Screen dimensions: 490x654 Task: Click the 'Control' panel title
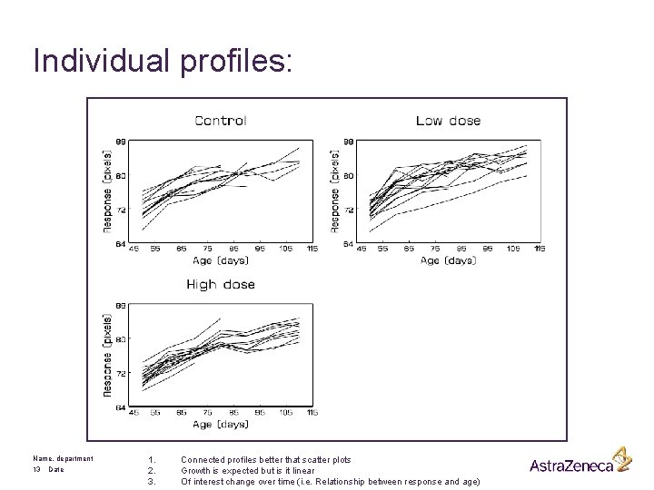point(221,120)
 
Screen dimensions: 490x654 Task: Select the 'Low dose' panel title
point(448,120)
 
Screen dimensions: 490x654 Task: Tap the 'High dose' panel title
point(221,284)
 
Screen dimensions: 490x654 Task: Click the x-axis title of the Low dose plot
point(447,260)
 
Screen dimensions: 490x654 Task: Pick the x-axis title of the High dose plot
point(219,424)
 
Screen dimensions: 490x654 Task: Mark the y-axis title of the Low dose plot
point(336,192)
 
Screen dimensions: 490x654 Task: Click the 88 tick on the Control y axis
point(121,142)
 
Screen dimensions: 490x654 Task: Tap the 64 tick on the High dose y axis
point(121,407)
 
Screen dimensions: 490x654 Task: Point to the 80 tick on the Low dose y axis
point(348,176)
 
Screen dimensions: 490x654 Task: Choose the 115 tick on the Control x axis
point(312,249)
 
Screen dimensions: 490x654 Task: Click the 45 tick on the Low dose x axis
point(362,249)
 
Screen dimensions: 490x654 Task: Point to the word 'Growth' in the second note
point(196,470)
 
